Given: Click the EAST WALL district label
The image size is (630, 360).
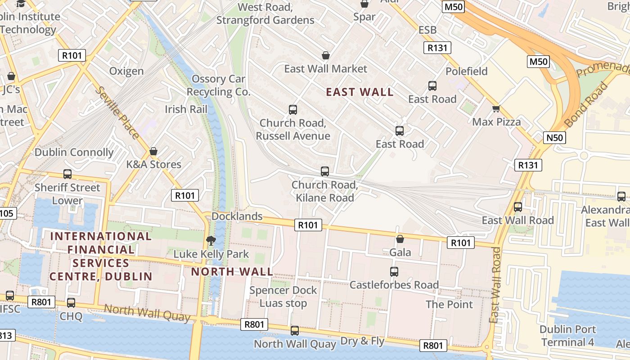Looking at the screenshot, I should pos(360,92).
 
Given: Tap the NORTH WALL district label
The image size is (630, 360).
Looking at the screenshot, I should pos(232,272).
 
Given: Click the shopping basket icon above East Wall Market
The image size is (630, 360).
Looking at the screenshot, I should pos(326,56).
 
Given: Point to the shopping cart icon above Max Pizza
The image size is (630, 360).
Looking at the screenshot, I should pos(496,108).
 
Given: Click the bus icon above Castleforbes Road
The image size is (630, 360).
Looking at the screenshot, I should pos(394,272).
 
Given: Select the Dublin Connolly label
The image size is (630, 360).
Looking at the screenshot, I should pos(74,152).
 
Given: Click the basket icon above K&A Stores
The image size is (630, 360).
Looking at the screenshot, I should pos(153,151).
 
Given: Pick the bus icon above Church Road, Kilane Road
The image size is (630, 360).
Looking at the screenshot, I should pos(325,171).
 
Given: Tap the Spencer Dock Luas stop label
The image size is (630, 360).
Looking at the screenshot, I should pos(283,297).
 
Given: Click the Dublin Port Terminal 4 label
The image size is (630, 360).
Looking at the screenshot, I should pos(567,336).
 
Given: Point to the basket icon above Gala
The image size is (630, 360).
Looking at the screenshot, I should pos(400,239).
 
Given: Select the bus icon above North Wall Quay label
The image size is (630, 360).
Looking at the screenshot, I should pos(295,331).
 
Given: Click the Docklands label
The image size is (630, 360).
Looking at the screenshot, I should pos(237,216).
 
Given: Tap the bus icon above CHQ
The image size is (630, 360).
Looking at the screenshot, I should pos(71,303).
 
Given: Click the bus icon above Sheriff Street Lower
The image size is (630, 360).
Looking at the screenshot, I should pos(67,174).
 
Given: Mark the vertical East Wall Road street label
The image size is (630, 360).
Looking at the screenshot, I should pos(495,285).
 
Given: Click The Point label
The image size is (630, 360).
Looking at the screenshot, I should pos(449,305).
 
